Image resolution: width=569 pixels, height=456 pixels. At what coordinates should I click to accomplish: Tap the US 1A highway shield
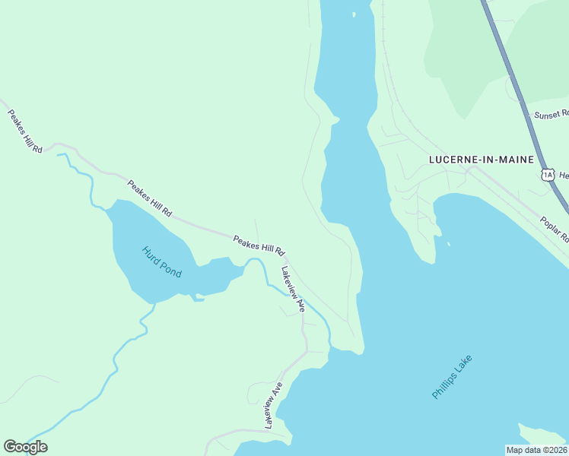click(x=548, y=176)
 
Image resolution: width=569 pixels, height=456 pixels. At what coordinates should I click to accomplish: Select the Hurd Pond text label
click(x=162, y=261)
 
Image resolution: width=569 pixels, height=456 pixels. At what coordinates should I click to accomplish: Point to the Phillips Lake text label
click(x=452, y=377)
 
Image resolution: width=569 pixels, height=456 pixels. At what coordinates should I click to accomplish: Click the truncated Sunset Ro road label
click(x=551, y=114)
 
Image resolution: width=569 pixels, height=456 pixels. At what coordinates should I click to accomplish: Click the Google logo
click(x=25, y=447)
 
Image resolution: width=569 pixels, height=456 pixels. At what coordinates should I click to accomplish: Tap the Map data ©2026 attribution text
click(x=536, y=450)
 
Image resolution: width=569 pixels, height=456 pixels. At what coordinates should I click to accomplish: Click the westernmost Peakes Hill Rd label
click(x=25, y=131)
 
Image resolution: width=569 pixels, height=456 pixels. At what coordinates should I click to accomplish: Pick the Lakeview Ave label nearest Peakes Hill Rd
click(x=293, y=289)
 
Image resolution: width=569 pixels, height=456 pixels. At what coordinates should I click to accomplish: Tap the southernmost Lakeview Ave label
click(x=273, y=405)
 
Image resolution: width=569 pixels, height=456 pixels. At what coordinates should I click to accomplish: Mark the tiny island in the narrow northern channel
click(x=353, y=14)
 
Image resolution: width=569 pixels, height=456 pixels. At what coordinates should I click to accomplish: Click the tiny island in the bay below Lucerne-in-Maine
click(x=448, y=244)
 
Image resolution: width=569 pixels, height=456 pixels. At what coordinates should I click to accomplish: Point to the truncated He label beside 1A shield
click(x=564, y=176)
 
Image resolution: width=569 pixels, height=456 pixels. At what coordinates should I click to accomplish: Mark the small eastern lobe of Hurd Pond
click(x=221, y=275)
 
